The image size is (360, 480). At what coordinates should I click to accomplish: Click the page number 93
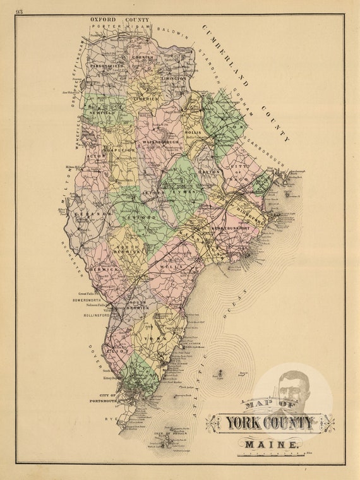click(20, 11)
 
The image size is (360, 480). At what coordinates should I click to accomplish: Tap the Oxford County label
click(119, 20)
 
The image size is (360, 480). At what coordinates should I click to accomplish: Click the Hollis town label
click(193, 132)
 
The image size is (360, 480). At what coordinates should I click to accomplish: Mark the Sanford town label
click(143, 217)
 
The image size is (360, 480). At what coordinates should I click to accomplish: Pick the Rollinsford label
click(91, 315)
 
